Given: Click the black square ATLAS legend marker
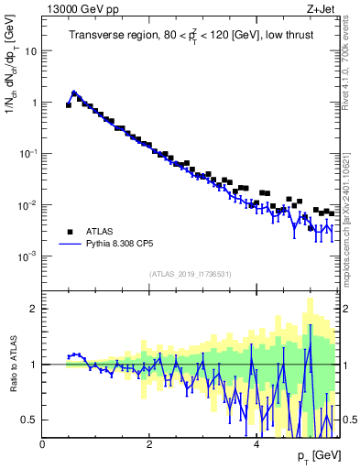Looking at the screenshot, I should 70,232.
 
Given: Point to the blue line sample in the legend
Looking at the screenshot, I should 70,245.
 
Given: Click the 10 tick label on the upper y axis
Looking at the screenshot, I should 30,51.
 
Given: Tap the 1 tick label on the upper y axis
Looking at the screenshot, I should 33,103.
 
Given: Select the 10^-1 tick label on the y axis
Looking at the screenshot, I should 28,154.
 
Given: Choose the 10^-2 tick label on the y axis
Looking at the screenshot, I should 28,205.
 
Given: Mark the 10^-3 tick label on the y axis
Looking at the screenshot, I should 28,256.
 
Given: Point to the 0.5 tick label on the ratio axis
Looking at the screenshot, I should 29,420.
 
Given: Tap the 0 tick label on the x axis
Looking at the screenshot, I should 42,444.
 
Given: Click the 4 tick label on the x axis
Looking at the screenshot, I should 256,444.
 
